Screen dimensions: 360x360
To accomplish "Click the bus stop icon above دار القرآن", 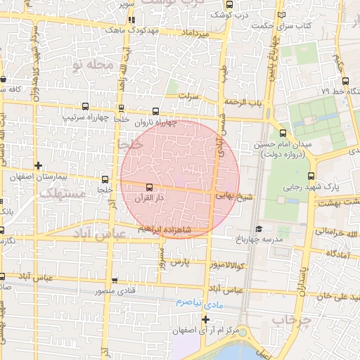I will click(148, 187).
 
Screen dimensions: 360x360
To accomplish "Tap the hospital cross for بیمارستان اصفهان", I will click(38, 166).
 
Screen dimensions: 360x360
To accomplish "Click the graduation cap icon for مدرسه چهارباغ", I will click(259, 229).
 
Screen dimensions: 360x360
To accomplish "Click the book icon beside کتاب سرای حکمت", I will click(282, 14).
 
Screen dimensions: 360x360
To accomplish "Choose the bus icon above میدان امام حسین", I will click(283, 133).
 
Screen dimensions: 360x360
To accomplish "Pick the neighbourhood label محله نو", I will click(92, 64).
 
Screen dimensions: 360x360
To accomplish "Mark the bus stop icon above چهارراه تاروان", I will click(155, 110).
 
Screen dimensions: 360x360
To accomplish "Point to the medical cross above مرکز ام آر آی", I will click(205, 319).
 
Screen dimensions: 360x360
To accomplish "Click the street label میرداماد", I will click(196, 34).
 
